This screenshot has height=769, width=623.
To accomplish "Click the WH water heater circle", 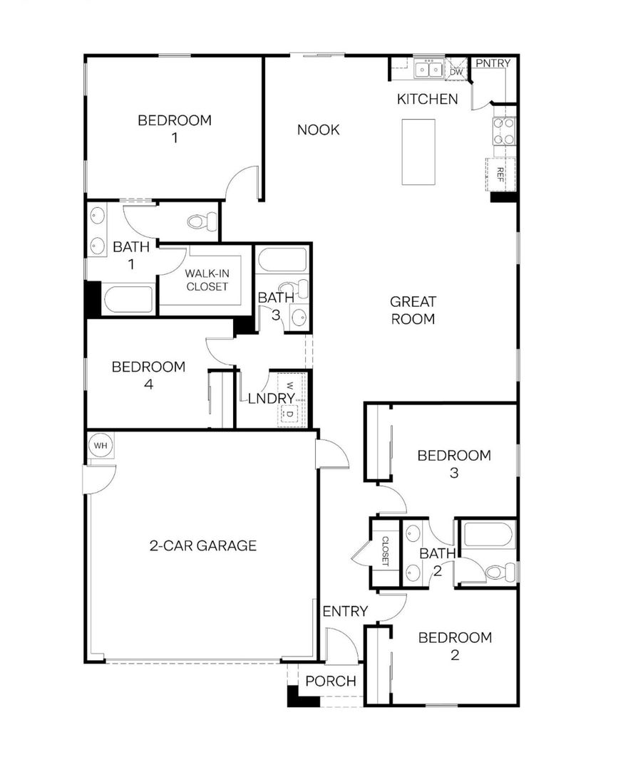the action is (x=101, y=446).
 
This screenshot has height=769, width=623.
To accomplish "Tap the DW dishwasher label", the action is (x=457, y=72).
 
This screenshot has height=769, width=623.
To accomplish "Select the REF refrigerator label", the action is (x=500, y=174).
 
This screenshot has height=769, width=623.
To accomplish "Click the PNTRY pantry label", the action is (x=493, y=63).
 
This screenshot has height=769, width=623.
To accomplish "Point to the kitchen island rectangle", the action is (x=418, y=152).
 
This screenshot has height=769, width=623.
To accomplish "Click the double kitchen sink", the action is (x=428, y=70).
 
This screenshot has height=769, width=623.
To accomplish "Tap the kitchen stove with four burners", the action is (x=505, y=132).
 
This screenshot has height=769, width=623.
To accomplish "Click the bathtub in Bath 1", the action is (x=128, y=298).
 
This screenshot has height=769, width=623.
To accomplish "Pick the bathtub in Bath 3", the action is (x=282, y=260).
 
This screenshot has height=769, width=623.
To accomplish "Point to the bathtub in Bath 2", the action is (x=489, y=534).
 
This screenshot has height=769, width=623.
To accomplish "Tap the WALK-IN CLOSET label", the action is (x=207, y=280).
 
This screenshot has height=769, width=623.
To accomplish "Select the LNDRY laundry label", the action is (x=271, y=398).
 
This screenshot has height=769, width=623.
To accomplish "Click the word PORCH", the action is (x=331, y=681).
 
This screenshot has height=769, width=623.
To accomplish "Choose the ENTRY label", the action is (x=345, y=611).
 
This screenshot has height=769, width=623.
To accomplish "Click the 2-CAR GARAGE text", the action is (x=202, y=545).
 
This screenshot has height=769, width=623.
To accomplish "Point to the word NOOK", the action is (x=318, y=130).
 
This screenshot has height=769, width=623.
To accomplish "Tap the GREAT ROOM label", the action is (x=413, y=310).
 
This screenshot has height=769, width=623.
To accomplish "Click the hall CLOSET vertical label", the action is (x=386, y=551).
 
